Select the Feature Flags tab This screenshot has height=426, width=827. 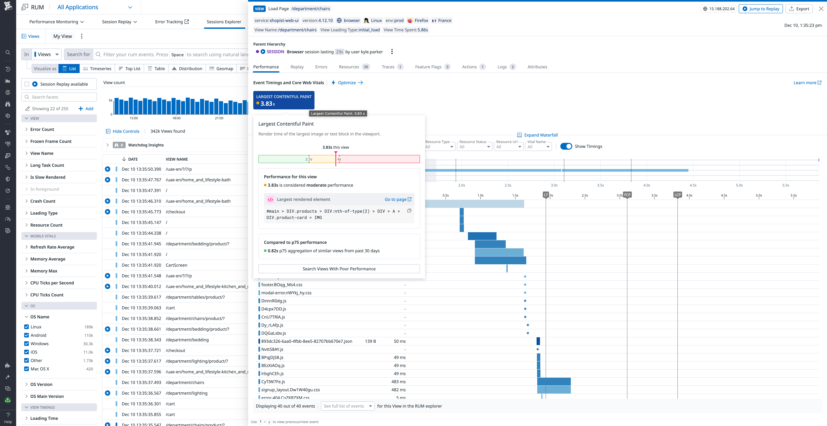(x=428, y=67)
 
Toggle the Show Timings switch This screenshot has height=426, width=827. (x=566, y=146)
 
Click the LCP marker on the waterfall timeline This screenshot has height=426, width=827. (x=677, y=195)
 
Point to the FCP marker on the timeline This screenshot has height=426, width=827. (x=627, y=195)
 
